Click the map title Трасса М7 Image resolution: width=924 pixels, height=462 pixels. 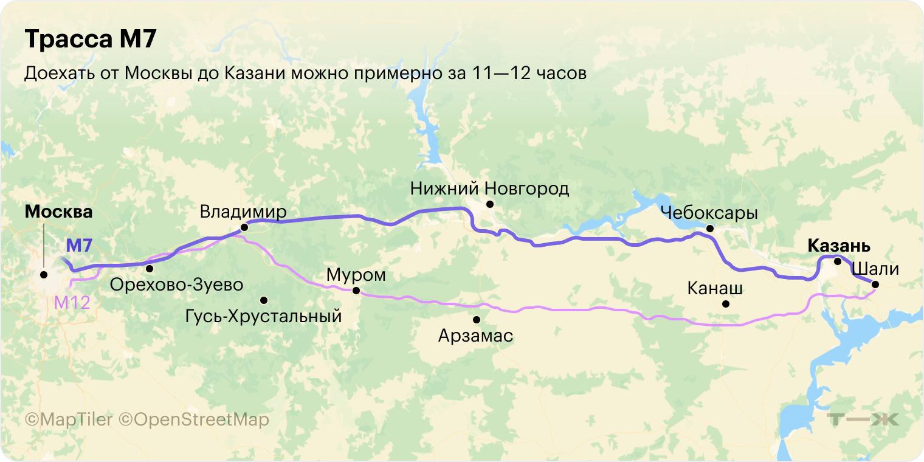coord(91,40)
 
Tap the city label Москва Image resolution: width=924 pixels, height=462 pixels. coord(58,212)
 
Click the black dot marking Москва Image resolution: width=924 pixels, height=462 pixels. coord(44,275)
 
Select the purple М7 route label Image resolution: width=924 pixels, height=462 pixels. coord(78,246)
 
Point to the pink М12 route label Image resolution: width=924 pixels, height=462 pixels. coord(72,302)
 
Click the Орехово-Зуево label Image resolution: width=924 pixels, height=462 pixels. coord(176,284)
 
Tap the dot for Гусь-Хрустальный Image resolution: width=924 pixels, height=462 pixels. coord(264,300)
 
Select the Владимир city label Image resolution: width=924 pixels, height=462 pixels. coord(243,212)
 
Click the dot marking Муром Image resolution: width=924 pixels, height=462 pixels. coord(356,291)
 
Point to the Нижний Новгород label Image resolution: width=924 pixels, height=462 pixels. coord(489,188)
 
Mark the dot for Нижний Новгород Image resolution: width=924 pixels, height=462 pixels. coord(489,204)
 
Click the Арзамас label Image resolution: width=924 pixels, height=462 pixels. coord(475,335)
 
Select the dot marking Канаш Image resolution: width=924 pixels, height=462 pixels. coord(725,304)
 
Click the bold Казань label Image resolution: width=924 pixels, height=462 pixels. coord(839,246)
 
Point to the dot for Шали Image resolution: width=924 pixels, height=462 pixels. coord(875,284)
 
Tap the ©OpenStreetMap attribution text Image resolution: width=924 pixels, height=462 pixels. coord(193,419)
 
